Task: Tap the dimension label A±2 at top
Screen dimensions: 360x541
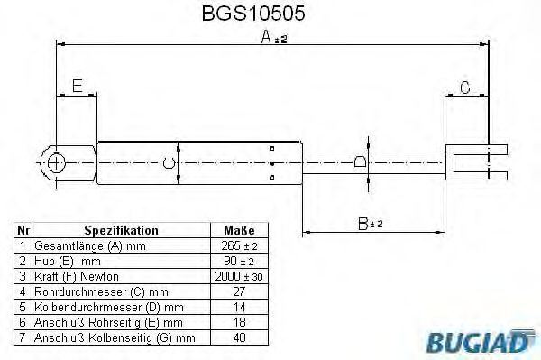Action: pyautogui.click(x=274, y=37)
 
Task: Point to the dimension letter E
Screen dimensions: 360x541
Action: pyautogui.click(x=78, y=87)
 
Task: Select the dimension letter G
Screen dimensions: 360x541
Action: pyautogui.click(x=465, y=88)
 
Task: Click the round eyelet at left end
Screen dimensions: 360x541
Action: pyautogui.click(x=56, y=162)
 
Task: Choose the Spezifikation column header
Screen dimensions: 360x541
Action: pyautogui.click(x=121, y=231)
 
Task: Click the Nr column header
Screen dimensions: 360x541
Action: pyautogui.click(x=24, y=231)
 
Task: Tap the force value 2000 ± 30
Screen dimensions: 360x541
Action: pyautogui.click(x=239, y=276)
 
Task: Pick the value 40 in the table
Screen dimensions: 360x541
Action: pyautogui.click(x=239, y=337)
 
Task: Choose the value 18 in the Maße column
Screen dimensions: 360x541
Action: pyautogui.click(x=239, y=322)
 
